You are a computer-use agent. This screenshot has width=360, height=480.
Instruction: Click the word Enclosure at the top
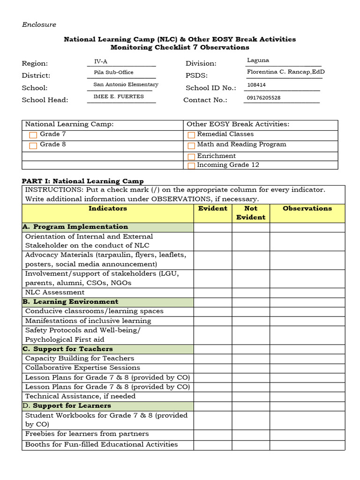coord(39,24)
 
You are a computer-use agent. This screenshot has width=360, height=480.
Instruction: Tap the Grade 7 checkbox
coord(33,135)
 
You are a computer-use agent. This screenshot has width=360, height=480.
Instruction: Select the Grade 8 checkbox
coord(33,145)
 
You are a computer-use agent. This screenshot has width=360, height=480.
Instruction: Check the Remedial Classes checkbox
coord(191,135)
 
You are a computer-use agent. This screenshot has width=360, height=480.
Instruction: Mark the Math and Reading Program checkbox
coord(191,145)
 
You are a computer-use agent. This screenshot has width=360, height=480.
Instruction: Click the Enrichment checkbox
coord(191,157)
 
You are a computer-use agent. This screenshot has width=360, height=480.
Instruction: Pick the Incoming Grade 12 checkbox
coord(191,165)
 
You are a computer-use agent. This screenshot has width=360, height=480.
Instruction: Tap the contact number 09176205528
coord(263,98)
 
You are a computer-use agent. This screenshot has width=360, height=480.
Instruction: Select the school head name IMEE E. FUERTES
coord(119,97)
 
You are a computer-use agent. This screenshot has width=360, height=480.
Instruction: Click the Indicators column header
coord(108,209)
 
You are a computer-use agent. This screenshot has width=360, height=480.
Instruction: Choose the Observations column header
coord(307,209)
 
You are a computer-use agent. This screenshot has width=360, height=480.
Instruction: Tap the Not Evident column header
coord(251,213)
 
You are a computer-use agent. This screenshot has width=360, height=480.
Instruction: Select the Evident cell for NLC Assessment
coord(213,292)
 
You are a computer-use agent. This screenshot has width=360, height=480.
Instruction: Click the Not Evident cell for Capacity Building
coord(251,359)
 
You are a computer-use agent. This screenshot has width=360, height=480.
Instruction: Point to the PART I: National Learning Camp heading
coord(83,181)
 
